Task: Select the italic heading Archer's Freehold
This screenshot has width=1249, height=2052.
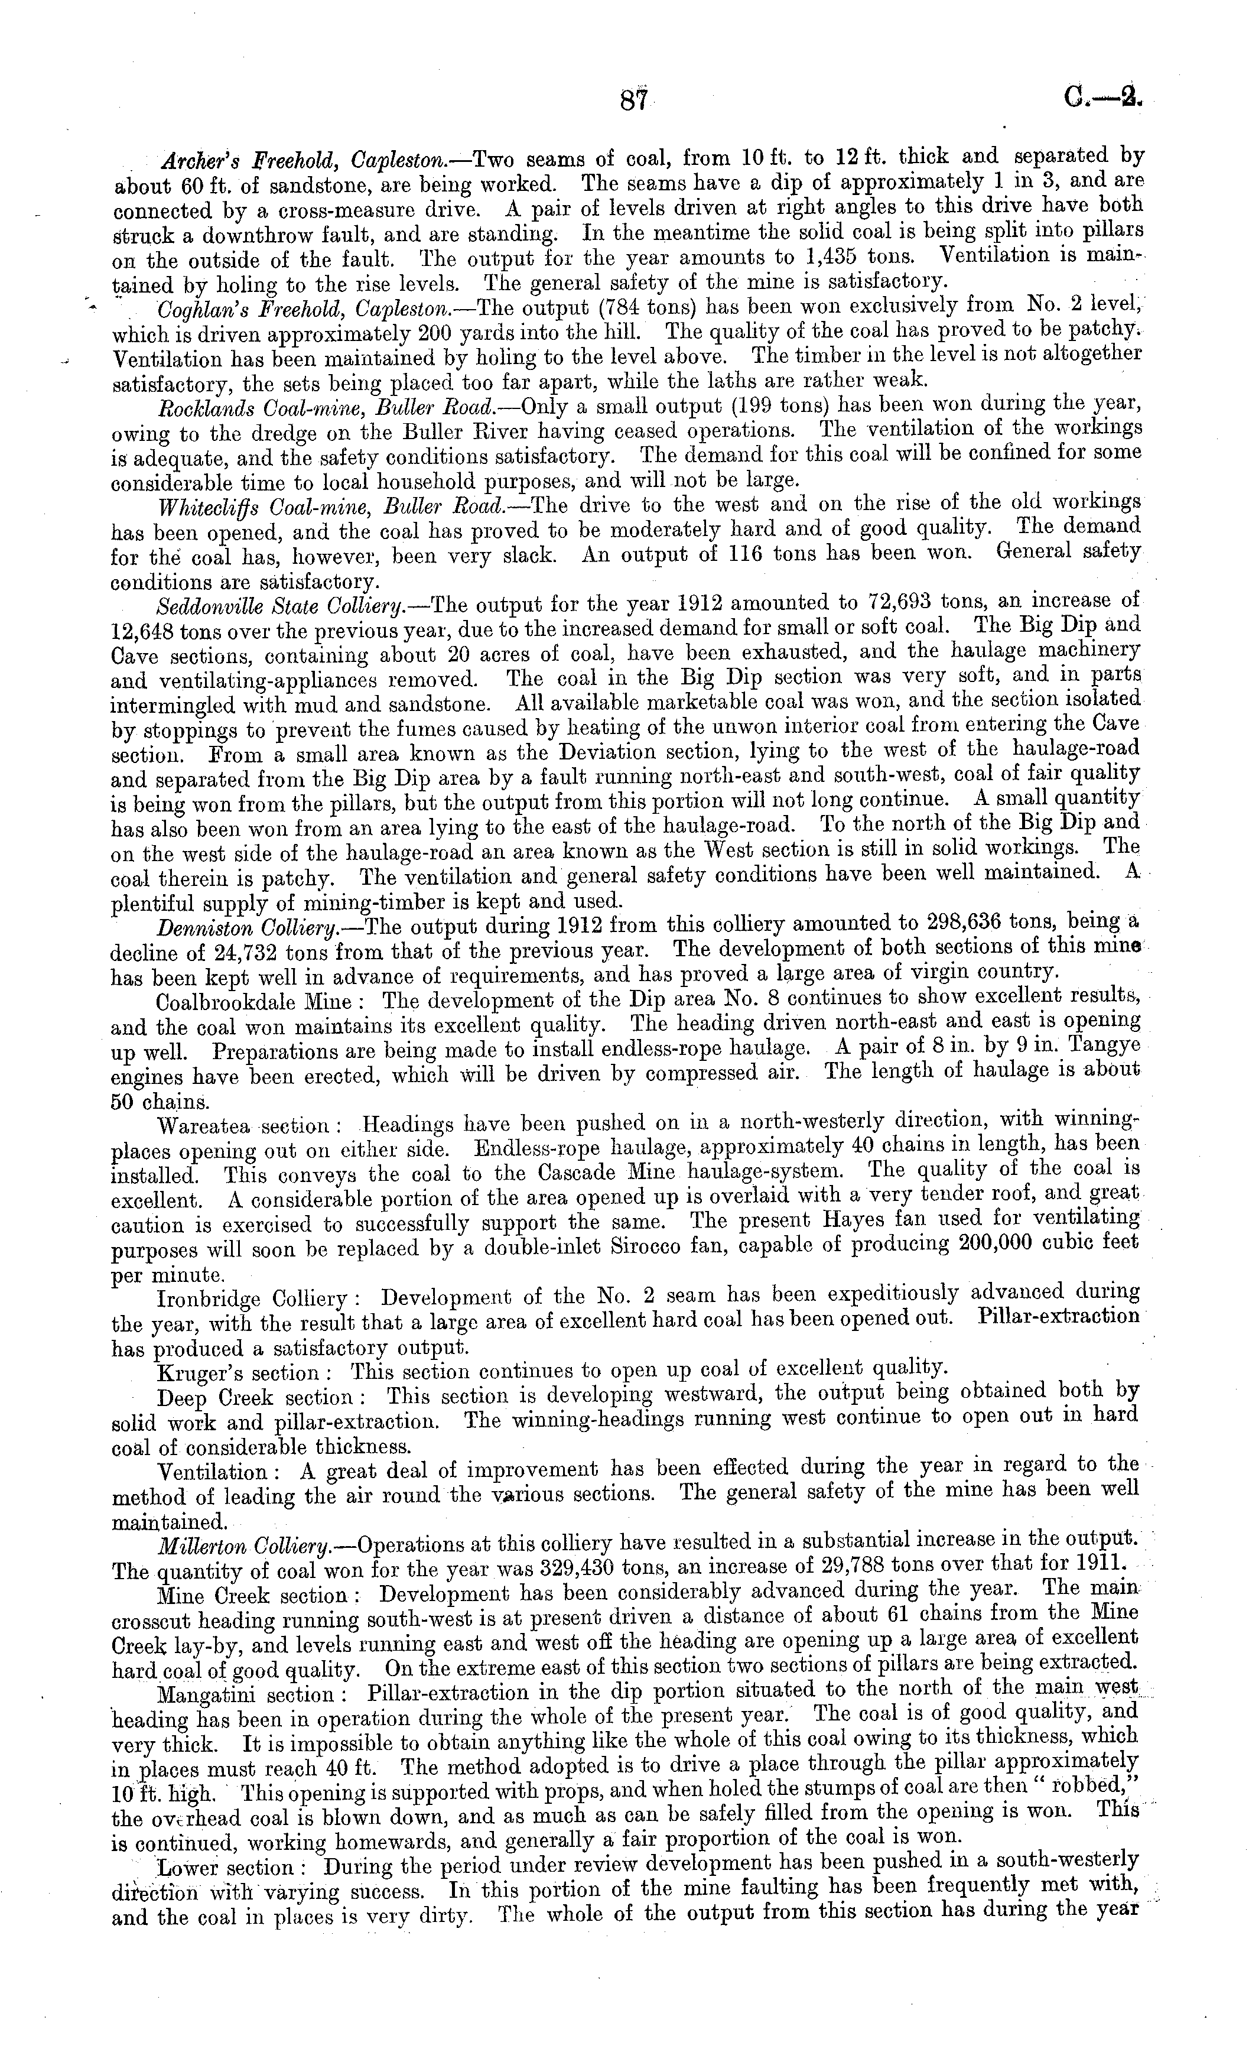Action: [251, 160]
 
